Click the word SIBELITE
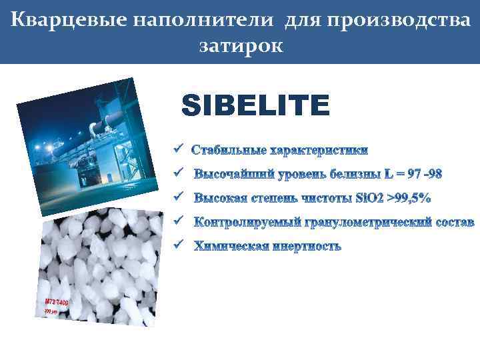(x=255, y=105)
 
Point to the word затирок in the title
(x=241, y=45)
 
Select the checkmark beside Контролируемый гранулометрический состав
(x=177, y=220)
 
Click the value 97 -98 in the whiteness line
(x=424, y=174)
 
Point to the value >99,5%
(x=406, y=197)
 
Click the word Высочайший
(x=232, y=174)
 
